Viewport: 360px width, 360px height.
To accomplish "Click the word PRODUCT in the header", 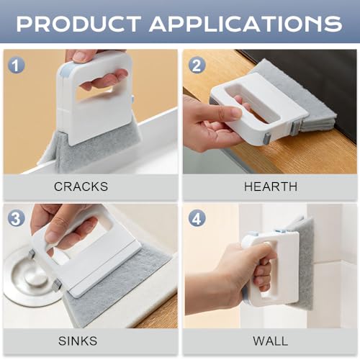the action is [x=78, y=24].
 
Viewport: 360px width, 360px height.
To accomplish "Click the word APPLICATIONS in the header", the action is [x=246, y=24].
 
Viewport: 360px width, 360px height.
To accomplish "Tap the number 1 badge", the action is [x=16, y=66].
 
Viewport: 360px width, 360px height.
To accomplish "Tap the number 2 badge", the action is [x=197, y=66].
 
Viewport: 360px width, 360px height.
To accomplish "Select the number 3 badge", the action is [x=16, y=218].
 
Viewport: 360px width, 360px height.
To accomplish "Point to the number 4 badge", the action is [x=197, y=218].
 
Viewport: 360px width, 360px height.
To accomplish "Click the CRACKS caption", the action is [x=81, y=186].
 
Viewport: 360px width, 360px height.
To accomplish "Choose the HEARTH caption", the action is [x=271, y=186].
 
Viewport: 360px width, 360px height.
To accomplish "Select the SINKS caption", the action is [x=78, y=341].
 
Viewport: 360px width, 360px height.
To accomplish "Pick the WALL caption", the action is [x=271, y=341].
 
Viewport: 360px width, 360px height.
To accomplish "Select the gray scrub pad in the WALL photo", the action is [x=305, y=261].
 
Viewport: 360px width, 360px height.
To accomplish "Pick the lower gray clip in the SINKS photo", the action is [x=57, y=285].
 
